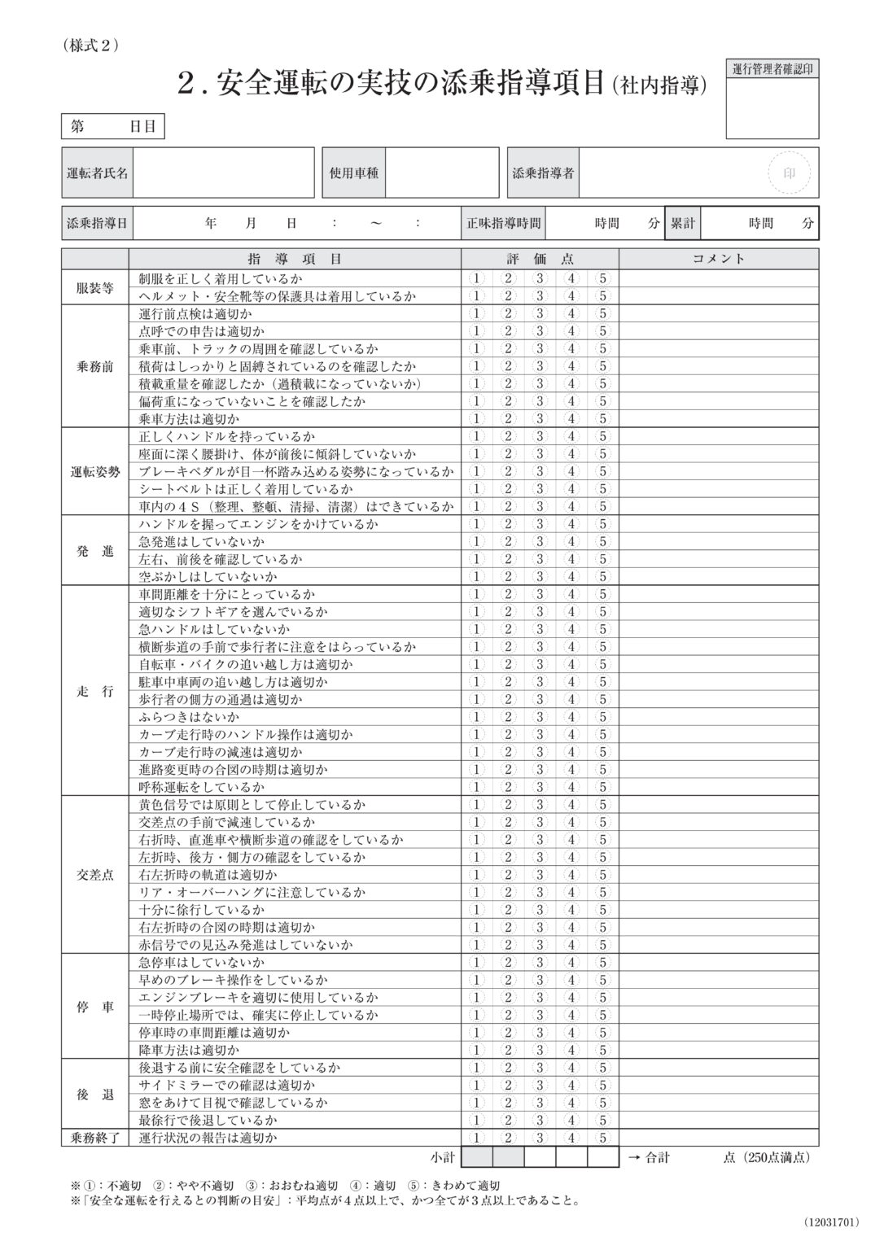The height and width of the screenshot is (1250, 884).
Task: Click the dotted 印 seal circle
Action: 788,173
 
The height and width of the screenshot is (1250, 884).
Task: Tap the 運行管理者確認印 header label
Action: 772,69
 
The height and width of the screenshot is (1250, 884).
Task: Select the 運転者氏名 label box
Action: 97,173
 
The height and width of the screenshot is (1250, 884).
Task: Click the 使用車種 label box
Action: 353,173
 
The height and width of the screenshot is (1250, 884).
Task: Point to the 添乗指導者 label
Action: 543,173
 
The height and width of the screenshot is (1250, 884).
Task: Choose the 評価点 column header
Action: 540,259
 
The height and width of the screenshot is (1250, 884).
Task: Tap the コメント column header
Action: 718,259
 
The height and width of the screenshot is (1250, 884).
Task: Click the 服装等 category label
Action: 95,287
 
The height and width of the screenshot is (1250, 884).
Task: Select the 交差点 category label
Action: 95,875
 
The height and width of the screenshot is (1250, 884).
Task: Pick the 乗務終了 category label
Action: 95,1138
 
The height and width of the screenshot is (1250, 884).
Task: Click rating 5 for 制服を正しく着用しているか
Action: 602,278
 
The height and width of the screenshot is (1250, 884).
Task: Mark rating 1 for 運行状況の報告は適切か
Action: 477,1138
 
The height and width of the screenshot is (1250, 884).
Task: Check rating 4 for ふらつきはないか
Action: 571,717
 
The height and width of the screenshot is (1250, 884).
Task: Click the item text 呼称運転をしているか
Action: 202,787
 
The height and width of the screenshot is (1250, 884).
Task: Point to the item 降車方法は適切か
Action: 189,1050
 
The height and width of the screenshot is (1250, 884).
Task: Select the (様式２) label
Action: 90,46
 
